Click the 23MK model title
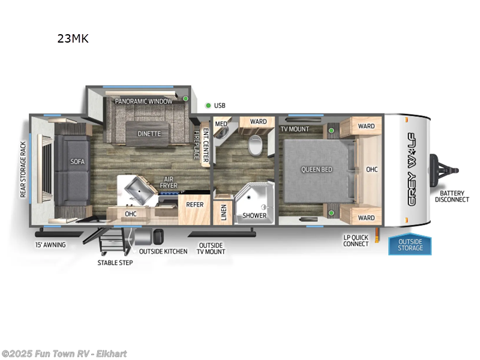[x=73, y=40]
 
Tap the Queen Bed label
[x=317, y=169]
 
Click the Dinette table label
[x=149, y=133]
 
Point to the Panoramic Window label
[x=144, y=101]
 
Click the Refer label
[x=195, y=205]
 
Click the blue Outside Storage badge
[x=410, y=245]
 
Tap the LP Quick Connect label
[x=356, y=240]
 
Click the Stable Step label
[x=115, y=263]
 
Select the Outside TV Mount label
[x=211, y=248]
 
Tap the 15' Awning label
[x=50, y=245]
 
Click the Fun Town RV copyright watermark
[x=64, y=354]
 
